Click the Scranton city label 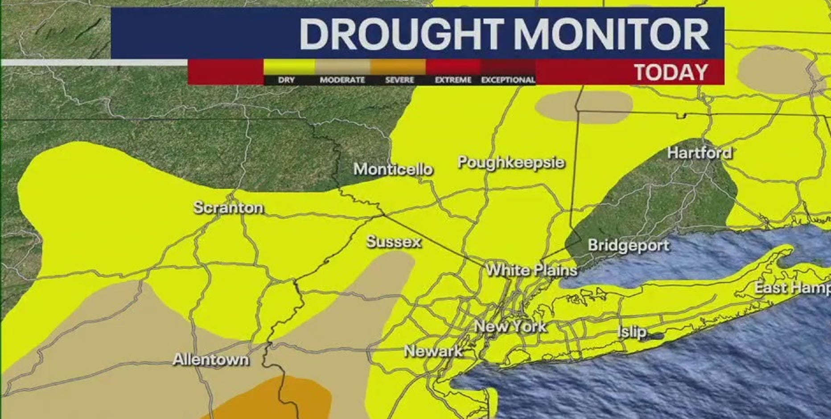click(x=228, y=208)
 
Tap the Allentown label click(x=210, y=360)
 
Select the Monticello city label click(x=393, y=169)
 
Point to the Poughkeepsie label click(x=511, y=163)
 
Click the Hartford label click(x=699, y=153)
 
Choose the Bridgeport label click(x=628, y=246)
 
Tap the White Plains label click(x=531, y=270)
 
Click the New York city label click(x=510, y=326)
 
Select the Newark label click(x=433, y=351)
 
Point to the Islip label click(x=632, y=332)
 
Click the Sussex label click(x=394, y=242)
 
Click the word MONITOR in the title click(x=612, y=34)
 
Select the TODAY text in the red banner click(x=671, y=72)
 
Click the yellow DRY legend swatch click(x=289, y=67)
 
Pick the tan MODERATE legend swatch click(x=342, y=67)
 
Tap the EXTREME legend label click(x=453, y=80)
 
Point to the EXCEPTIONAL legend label click(x=508, y=80)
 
